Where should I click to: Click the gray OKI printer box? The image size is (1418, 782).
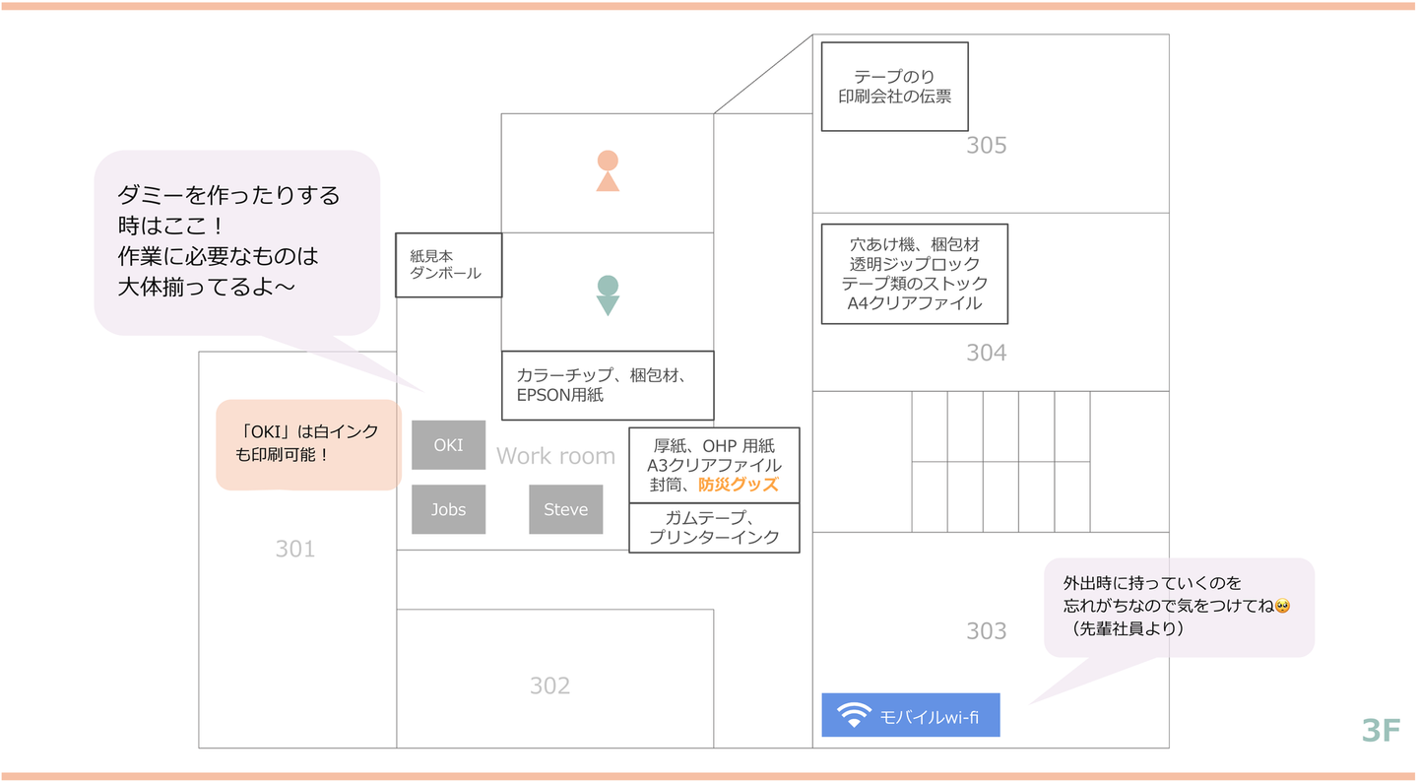coord(448,445)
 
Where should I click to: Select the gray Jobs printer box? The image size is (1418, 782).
coord(448,509)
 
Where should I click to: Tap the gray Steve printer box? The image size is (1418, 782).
coord(565,509)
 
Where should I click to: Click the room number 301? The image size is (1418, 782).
coord(294,549)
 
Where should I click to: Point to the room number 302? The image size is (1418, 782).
coord(549,685)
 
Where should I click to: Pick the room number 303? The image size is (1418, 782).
coord(986,630)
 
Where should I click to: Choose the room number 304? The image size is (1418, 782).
coord(986,352)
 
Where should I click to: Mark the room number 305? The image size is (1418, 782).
coord(986,146)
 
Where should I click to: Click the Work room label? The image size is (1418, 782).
coord(555,456)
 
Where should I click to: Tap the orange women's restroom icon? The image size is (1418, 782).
coord(608,170)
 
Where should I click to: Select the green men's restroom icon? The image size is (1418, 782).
coord(608,294)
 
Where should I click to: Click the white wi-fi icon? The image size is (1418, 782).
coord(854,715)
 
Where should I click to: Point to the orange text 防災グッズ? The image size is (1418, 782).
coord(739,485)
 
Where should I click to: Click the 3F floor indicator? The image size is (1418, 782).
coord(1381,730)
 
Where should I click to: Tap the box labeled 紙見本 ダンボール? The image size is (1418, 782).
coord(448,265)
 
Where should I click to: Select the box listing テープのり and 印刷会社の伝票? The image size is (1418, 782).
coord(894,87)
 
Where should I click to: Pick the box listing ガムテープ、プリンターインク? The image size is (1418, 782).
coord(714,528)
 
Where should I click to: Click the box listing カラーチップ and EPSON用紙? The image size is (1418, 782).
coord(607,385)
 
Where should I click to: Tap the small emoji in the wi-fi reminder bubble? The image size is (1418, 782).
coord(1281,606)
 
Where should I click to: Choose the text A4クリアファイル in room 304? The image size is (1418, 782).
coord(914,303)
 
